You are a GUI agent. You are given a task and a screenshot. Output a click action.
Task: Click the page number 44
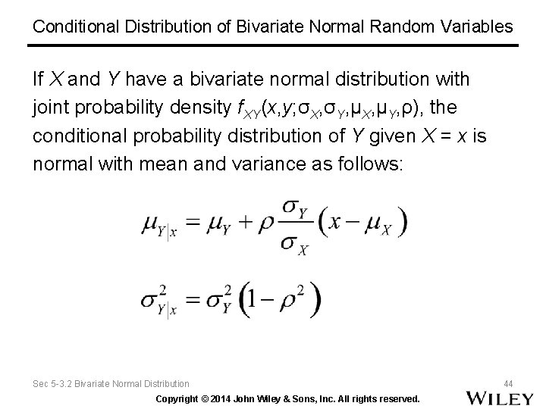click(507, 384)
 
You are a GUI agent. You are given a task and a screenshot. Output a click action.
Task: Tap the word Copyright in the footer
click(179, 398)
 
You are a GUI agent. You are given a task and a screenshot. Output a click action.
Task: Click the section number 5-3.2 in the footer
click(64, 385)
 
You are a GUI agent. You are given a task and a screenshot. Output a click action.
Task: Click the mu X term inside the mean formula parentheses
click(379, 224)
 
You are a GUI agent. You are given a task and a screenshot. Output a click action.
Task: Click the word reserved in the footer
click(399, 398)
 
